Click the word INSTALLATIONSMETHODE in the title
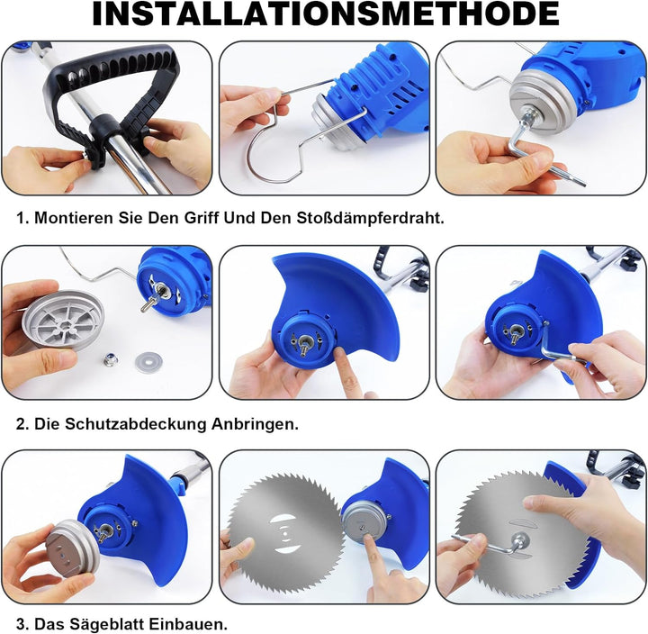[325, 14]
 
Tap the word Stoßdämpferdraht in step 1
[370, 218]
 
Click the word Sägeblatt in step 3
[106, 624]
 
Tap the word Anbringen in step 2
[255, 424]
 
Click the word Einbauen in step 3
[188, 624]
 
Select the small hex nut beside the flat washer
[112, 360]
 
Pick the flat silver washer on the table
[148, 362]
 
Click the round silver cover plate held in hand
[63, 320]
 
